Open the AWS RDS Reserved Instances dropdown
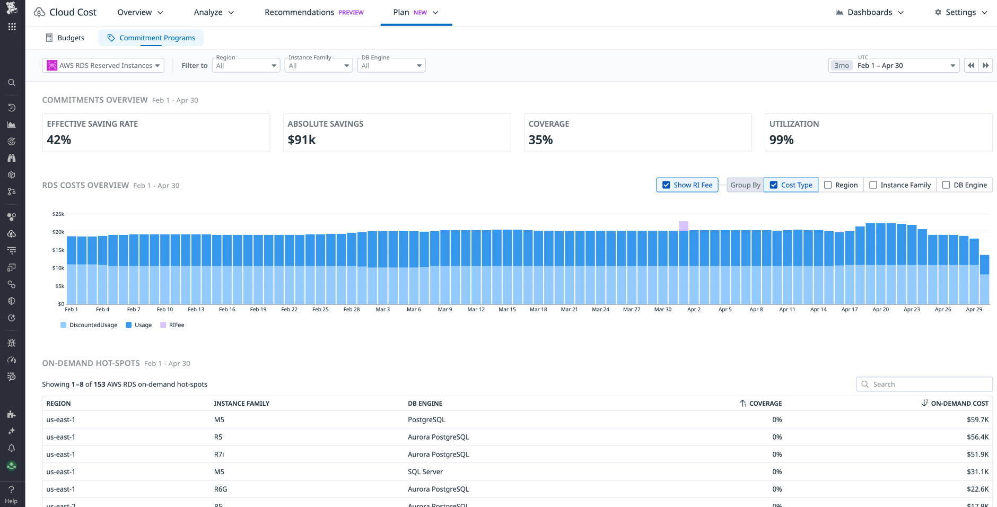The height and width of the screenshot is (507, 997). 103,65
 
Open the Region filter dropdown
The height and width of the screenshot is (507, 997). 246,66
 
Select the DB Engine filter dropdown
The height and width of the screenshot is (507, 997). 391,66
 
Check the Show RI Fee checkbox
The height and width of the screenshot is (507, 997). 667,185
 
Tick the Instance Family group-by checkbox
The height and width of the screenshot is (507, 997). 873,185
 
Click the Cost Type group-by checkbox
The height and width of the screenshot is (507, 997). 774,185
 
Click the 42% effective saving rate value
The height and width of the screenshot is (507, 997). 59,140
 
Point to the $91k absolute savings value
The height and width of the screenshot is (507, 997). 301,140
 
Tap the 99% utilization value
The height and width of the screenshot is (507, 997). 781,140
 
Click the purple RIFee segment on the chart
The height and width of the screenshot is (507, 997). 684,226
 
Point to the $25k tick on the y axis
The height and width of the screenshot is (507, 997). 58,214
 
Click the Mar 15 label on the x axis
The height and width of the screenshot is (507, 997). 507,309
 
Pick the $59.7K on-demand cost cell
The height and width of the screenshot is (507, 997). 977,419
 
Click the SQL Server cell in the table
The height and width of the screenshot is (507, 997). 425,471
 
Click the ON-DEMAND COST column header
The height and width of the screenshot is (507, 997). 959,404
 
